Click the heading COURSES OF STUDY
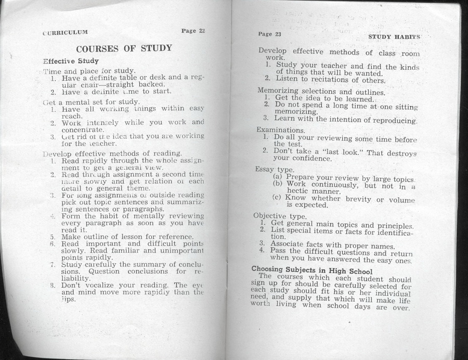124,49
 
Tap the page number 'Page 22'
193,31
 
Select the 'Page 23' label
269,34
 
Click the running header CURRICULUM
65,32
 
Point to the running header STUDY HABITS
394,37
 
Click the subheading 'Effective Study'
71,61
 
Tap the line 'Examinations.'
281,130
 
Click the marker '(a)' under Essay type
278,176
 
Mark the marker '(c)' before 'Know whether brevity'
278,198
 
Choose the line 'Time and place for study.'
89,71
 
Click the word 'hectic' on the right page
298,191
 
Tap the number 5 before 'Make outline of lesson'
53,237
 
